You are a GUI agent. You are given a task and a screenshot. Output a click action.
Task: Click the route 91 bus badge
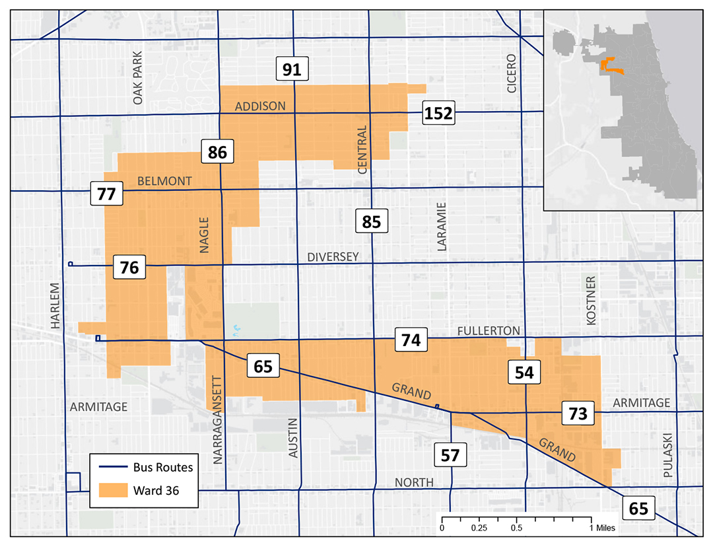pos(292,69)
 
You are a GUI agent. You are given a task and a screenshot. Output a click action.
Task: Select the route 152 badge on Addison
pos(438,114)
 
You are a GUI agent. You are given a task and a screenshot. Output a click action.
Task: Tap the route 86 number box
pos(217,153)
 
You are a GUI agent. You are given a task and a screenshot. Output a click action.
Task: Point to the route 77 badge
pos(106,194)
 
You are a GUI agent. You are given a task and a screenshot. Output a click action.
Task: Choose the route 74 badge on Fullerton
pos(411,340)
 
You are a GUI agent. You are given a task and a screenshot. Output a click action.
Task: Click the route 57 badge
pos(450,454)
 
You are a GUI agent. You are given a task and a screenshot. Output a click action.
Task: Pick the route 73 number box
pos(578,414)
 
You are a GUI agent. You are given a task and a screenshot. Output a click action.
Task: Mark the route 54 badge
pos(524,373)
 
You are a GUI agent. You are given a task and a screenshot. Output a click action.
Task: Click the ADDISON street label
pos(260,106)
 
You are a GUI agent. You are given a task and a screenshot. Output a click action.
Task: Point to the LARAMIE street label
pos(442,227)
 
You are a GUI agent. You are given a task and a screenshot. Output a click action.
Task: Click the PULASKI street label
pos(667,456)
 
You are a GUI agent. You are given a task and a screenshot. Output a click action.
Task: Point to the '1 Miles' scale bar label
pos(600,528)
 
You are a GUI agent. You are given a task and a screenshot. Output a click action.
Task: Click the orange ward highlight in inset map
pos(609,65)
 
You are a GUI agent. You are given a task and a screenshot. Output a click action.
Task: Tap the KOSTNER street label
pos(591,300)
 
